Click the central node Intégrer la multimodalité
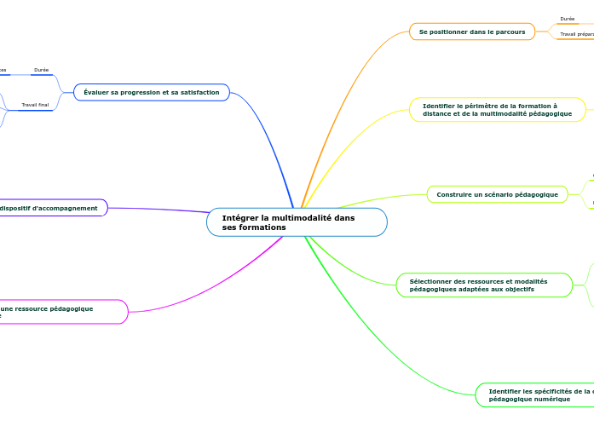pos(297,222)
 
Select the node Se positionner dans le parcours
pos(471,32)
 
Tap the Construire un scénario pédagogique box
pos(497,195)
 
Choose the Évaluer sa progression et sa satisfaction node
pos(151,92)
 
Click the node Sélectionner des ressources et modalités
pos(484,285)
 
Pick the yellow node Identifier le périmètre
pos(497,110)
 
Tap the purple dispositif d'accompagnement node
pos(51,208)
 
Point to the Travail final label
pos(35,105)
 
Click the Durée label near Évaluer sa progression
pos(41,70)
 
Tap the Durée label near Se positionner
pos(567,19)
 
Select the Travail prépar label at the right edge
pos(577,34)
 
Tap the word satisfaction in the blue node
pos(199,92)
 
